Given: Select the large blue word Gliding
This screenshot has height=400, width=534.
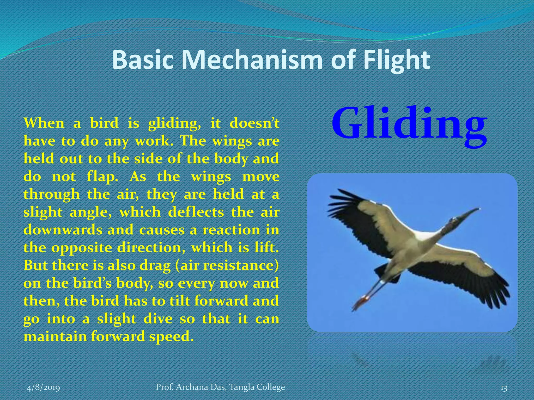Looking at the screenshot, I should pos(409,123).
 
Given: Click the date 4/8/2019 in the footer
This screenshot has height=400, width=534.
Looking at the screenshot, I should pos(44,387).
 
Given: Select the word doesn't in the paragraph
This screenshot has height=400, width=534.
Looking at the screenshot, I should pos(254,123).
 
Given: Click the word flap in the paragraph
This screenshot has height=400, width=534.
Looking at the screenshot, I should pos(102,177).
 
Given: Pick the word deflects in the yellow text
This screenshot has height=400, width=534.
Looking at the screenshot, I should pos(196,212).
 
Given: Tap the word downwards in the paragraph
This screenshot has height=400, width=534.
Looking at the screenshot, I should pos(63,230).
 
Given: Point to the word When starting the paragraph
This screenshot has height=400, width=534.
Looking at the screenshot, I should pos(44,123).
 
